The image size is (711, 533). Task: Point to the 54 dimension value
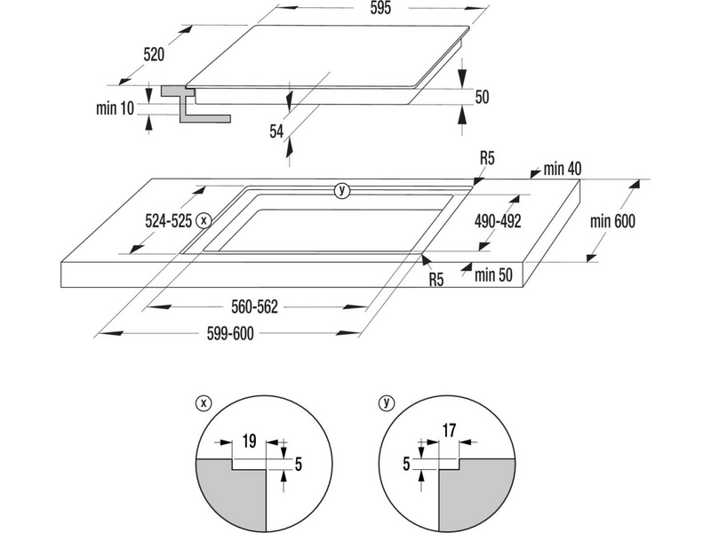(x=276, y=130)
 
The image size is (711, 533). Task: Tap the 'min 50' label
(x=495, y=274)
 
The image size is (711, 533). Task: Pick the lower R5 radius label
(x=435, y=280)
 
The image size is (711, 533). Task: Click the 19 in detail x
(x=250, y=438)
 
